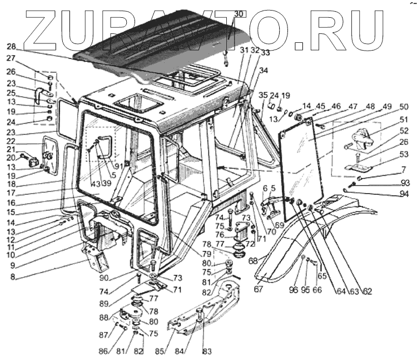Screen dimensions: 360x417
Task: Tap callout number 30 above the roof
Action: pyautogui.click(x=223, y=13)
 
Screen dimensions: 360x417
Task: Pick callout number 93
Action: pyautogui.click(x=404, y=183)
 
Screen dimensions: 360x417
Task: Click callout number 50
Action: pyautogui.click(x=404, y=106)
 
